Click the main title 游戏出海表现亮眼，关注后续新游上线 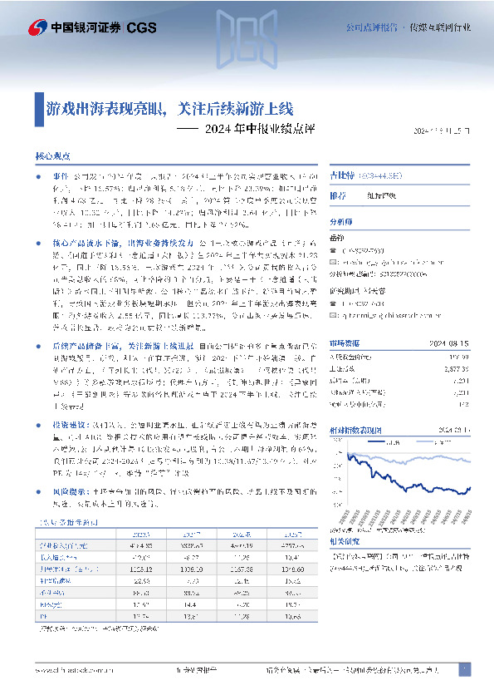coord(169,108)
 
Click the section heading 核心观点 coord(53,156)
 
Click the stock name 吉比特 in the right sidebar coord(365,176)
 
